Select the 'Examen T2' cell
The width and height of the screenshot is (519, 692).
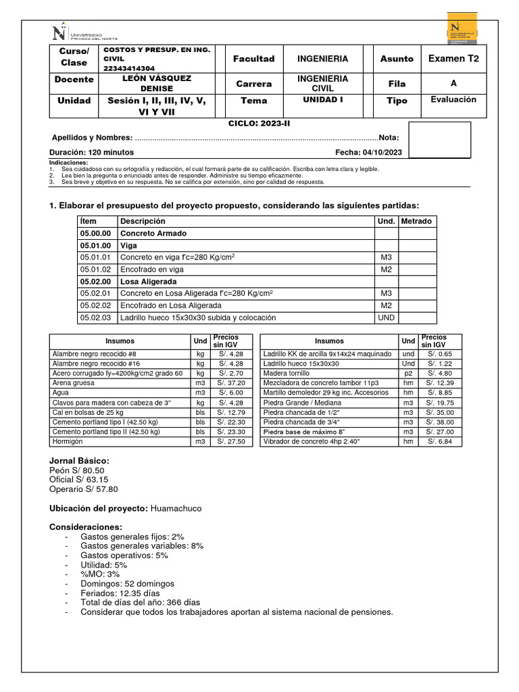point(453,59)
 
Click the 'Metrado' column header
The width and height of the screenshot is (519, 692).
point(416,221)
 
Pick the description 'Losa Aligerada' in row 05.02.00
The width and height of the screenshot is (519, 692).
point(148,281)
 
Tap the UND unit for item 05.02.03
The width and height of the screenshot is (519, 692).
point(386,317)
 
